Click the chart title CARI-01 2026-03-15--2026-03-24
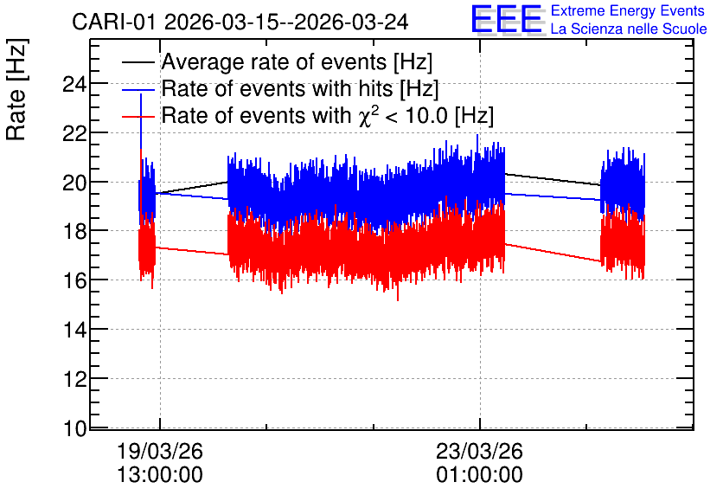[x=240, y=22]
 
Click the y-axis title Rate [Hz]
[x=16, y=89]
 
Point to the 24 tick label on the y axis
[x=74, y=85]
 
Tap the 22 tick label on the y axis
[x=74, y=134]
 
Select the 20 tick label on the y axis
[x=74, y=183]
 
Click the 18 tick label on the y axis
[x=74, y=232]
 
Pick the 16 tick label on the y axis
[x=74, y=280]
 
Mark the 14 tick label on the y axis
[x=74, y=330]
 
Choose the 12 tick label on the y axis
[x=74, y=379]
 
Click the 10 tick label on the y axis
[x=74, y=428]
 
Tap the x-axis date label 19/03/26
[x=160, y=451]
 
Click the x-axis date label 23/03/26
[x=479, y=451]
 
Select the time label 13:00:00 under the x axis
[x=160, y=475]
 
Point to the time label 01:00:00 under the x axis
[x=479, y=475]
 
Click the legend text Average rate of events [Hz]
[x=297, y=61]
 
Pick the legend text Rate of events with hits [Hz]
[x=300, y=88]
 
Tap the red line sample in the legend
[x=138, y=116]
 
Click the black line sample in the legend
[x=138, y=62]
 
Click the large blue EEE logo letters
[x=507, y=19]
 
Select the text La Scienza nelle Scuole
[x=629, y=29]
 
